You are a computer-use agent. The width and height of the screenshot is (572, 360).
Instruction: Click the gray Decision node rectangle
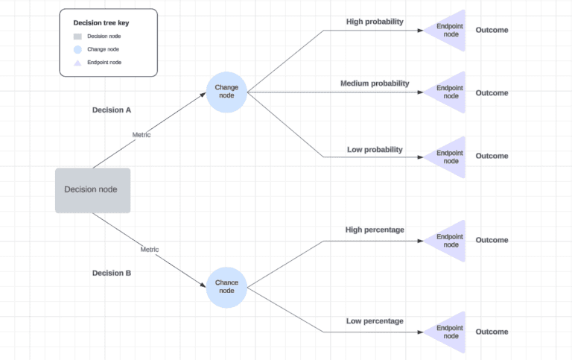pyautogui.click(x=92, y=190)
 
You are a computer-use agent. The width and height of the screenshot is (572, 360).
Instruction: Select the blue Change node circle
pyautogui.click(x=226, y=92)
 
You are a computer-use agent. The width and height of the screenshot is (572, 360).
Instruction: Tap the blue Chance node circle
pyautogui.click(x=226, y=287)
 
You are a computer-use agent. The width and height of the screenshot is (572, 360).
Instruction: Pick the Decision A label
pyautogui.click(x=112, y=110)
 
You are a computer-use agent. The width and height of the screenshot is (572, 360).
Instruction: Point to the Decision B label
pyautogui.click(x=112, y=273)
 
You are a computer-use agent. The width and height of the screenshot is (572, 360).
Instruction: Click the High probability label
pyautogui.click(x=375, y=22)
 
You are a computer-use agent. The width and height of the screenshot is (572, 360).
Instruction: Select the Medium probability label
pyautogui.click(x=375, y=83)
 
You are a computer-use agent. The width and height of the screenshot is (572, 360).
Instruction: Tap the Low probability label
pyautogui.click(x=375, y=150)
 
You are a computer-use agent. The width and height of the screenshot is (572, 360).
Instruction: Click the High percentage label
pyautogui.click(x=375, y=230)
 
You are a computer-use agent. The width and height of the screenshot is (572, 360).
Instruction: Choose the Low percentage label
pyautogui.click(x=375, y=321)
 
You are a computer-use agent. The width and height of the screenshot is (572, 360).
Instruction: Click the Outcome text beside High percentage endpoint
pyautogui.click(x=492, y=240)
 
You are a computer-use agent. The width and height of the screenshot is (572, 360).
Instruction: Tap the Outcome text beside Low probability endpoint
pyautogui.click(x=492, y=156)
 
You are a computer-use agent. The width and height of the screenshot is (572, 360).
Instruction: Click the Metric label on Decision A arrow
pyautogui.click(x=142, y=135)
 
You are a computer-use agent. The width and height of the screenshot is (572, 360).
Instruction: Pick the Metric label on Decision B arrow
pyautogui.click(x=149, y=249)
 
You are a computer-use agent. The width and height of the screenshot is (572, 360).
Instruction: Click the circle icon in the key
pyautogui.click(x=77, y=49)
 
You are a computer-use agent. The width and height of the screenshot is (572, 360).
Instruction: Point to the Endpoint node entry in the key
pyautogui.click(x=104, y=63)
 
